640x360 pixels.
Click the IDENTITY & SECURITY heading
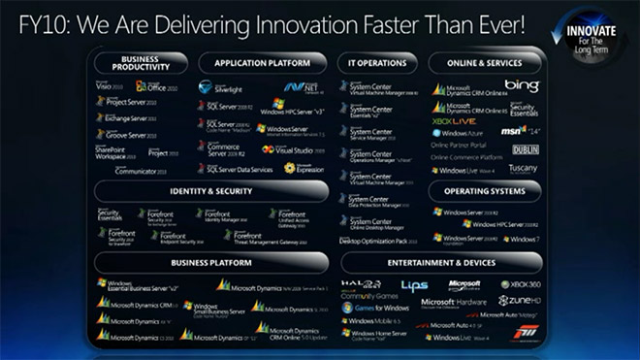pos(213,191)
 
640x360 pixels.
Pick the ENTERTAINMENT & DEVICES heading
pos(433,262)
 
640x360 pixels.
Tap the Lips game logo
pos(414,285)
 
